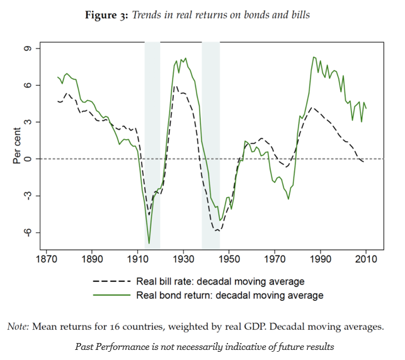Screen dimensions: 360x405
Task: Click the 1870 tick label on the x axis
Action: [46, 259]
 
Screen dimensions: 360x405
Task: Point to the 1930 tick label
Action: [183, 259]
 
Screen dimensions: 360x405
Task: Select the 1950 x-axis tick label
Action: [229, 259]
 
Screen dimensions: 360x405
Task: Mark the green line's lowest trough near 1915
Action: [149, 243]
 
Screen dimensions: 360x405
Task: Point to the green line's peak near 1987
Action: [313, 57]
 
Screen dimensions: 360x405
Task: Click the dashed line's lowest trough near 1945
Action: [217, 231]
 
